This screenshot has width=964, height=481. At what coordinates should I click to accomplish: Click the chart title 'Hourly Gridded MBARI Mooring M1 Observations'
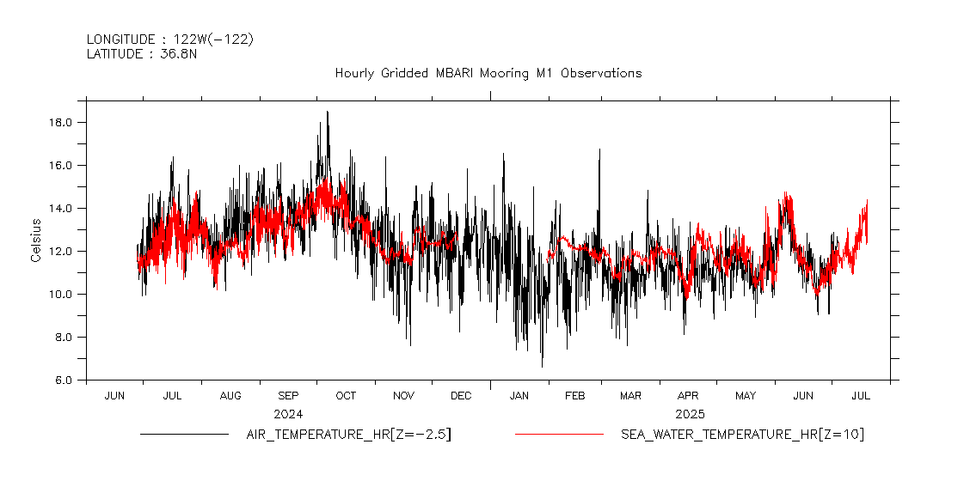pos(488,73)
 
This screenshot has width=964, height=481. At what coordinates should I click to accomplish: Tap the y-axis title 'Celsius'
pos(36,240)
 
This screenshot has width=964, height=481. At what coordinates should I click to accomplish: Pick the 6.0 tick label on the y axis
pos(65,380)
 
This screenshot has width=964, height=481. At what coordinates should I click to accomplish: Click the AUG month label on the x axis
pos(230,396)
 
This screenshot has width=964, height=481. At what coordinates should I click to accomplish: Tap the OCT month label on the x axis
pos(346,396)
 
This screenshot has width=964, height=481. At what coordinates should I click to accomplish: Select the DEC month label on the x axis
pos(461,396)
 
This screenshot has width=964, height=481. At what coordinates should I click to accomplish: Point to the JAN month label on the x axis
pos(519,396)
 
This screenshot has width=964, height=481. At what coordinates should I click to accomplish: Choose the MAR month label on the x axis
pos(630,396)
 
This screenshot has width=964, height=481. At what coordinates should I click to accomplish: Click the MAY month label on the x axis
pos(746,396)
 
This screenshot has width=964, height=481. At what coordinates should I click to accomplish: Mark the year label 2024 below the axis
pos(288,413)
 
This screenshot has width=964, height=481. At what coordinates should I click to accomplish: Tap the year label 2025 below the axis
pos(690,413)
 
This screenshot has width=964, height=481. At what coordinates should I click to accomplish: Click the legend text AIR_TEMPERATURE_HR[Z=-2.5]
pos(348,435)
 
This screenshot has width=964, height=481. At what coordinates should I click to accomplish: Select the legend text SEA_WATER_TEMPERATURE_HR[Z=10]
pos(742,435)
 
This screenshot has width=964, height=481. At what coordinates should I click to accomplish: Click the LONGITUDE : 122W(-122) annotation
pos(170,39)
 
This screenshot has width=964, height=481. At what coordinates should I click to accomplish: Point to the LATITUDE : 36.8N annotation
pos(142,53)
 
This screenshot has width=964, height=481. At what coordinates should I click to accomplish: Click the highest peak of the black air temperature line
pos(327,112)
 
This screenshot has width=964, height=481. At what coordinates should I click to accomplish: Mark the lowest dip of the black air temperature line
pos(542,367)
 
